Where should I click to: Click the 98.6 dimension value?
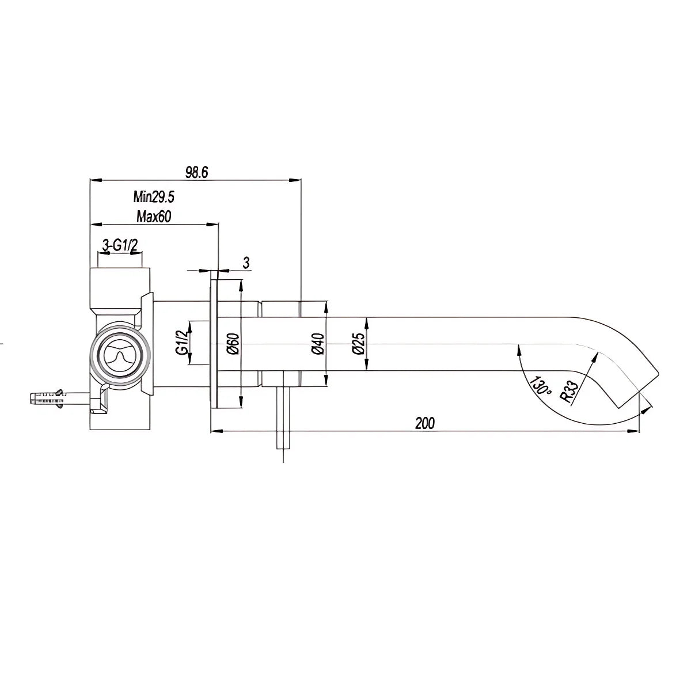click(196, 172)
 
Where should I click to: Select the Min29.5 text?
click(154, 198)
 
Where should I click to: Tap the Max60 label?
click(154, 217)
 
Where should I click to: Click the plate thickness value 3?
click(246, 263)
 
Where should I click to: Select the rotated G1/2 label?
click(181, 343)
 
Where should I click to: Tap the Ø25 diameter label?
click(358, 344)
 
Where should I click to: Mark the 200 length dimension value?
click(424, 423)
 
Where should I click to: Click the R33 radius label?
click(568, 391)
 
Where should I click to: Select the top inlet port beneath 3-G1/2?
click(120, 278)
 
